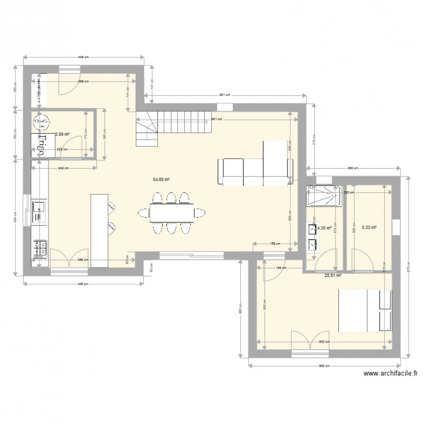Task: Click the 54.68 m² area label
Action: pyautogui.click(x=161, y=180)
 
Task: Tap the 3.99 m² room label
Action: pyautogui.click(x=62, y=134)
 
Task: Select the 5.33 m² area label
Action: pyautogui.click(x=368, y=228)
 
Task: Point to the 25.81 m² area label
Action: pyautogui.click(x=333, y=276)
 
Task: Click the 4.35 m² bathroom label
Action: pyautogui.click(x=324, y=228)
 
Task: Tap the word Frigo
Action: pyautogui.click(x=41, y=144)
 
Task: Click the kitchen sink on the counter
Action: pyautogui.click(x=39, y=208)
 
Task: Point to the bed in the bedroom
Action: pyautogui.click(x=364, y=311)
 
